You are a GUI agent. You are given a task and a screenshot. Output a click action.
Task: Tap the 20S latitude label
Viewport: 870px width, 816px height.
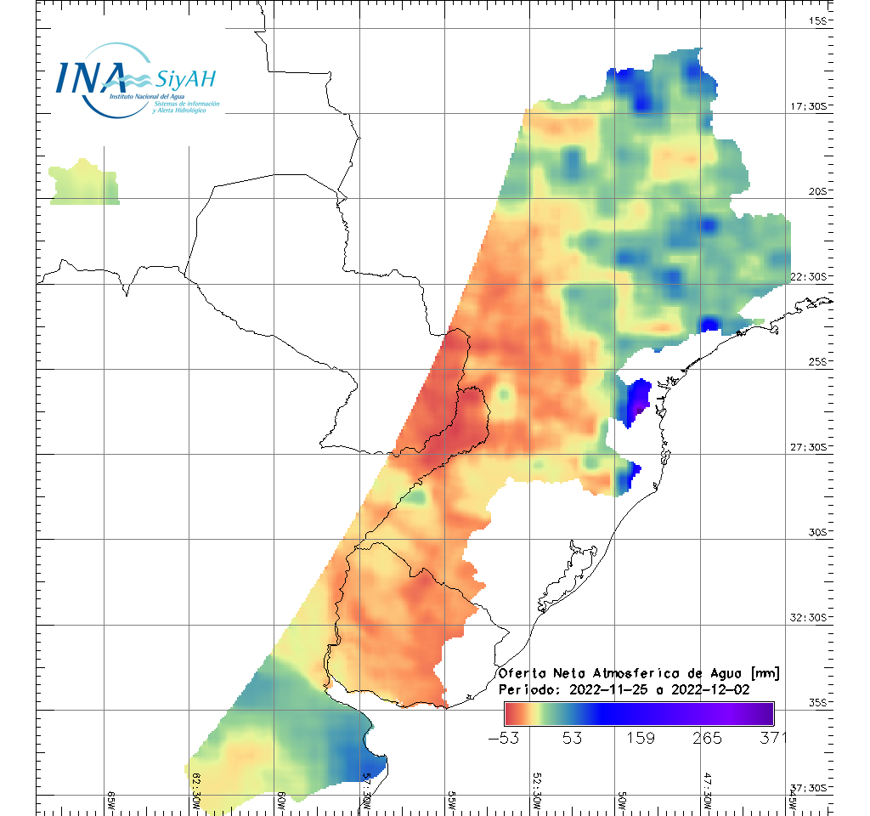click(817, 191)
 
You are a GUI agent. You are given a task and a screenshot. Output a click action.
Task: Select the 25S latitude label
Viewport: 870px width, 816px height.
click(817, 361)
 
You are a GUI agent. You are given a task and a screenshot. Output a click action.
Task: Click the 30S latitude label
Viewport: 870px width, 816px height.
click(817, 532)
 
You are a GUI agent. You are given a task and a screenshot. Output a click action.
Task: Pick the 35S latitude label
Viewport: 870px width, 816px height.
click(817, 702)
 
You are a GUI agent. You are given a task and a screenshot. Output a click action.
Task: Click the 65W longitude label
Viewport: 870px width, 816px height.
click(111, 802)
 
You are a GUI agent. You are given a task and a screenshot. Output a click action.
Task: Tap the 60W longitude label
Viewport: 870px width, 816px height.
click(281, 802)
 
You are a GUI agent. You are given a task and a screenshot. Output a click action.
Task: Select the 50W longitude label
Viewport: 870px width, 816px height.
click(622, 802)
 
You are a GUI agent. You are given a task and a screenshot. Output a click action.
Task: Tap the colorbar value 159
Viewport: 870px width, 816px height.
click(639, 737)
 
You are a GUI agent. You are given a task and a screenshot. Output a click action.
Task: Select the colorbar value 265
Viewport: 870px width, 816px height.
click(706, 737)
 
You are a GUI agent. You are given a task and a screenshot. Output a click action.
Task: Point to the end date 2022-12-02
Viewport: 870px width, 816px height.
click(710, 689)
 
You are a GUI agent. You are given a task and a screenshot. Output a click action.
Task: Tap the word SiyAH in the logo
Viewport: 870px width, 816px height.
click(185, 80)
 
